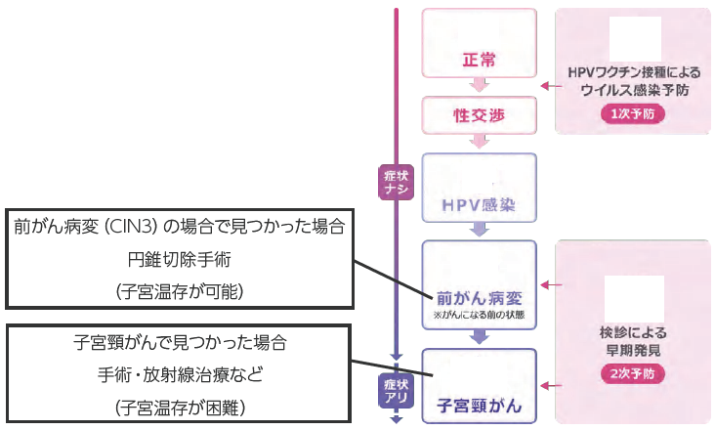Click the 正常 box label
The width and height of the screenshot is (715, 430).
(479, 61)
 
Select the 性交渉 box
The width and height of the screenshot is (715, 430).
(479, 115)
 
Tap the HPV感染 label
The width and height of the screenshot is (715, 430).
(479, 207)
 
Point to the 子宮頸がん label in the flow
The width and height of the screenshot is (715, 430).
(479, 403)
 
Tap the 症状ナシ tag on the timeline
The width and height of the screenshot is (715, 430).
(397, 181)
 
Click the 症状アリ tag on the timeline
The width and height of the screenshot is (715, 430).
(397, 391)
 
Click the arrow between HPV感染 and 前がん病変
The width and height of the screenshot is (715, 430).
(479, 231)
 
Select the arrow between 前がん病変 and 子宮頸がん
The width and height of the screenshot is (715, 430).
(479, 337)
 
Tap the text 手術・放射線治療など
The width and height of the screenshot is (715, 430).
(180, 373)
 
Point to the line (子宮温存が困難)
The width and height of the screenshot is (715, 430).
(180, 405)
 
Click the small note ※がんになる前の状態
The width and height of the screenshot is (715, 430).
(479, 316)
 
